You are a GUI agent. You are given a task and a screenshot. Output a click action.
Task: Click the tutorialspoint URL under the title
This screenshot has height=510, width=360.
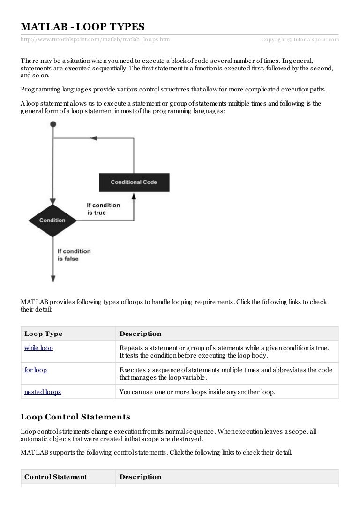(95, 40)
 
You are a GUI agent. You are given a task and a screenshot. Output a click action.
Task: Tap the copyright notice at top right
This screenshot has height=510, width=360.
(300, 40)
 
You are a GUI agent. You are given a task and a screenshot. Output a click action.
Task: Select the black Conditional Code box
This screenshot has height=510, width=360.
(134, 182)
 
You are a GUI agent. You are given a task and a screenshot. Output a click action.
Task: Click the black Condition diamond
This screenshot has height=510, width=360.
(52, 220)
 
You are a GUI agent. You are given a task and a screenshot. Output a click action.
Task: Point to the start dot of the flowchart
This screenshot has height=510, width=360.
(53, 124)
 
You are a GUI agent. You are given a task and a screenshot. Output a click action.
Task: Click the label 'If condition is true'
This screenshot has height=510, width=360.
(103, 209)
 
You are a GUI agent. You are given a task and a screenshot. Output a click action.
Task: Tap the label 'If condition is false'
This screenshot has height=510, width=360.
(74, 255)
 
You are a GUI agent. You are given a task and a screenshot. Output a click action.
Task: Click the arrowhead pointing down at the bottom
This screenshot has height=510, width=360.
(53, 278)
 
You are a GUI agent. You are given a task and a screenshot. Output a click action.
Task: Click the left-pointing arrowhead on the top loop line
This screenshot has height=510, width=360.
(93, 138)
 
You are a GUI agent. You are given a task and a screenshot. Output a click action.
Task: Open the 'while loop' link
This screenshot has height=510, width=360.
(38, 348)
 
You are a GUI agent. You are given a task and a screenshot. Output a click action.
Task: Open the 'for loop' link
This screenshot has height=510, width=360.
(35, 370)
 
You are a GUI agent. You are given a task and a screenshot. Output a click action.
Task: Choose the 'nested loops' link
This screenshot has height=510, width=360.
(42, 391)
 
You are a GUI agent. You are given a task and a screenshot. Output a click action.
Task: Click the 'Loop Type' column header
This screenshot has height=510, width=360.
(43, 334)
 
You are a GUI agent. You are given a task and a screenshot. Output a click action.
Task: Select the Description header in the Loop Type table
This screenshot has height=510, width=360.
(140, 334)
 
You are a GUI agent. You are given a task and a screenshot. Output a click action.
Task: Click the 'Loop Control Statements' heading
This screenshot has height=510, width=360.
(75, 417)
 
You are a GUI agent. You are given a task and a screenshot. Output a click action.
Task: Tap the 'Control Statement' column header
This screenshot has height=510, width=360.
(55, 477)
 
